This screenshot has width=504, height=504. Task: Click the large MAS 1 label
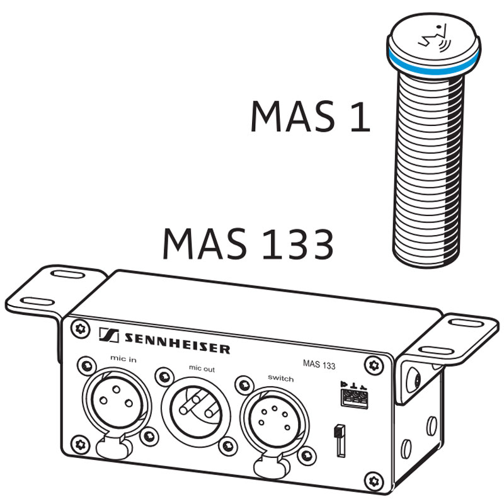pyautogui.click(x=310, y=116)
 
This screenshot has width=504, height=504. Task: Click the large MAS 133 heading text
pyautogui.click(x=248, y=244)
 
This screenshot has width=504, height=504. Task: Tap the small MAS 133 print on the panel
pyautogui.click(x=319, y=364)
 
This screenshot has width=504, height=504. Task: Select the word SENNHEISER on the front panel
pyautogui.click(x=177, y=343)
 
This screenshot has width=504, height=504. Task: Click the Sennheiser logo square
pyautogui.click(x=108, y=335)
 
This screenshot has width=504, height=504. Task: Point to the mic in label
pyautogui.click(x=123, y=358)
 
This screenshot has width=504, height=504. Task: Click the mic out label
pyautogui.click(x=202, y=369)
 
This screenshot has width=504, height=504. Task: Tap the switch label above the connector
pyautogui.click(x=280, y=379)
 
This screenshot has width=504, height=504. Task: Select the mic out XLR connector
pyautogui.click(x=195, y=411)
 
